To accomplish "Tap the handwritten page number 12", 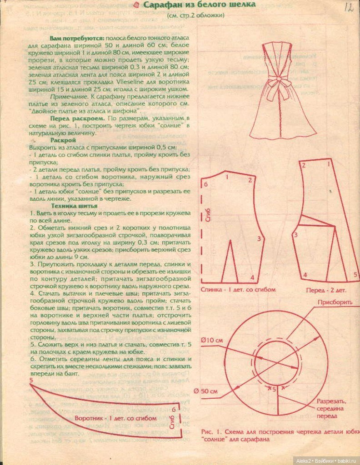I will coord(349,7).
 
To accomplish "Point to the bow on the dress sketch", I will coord(275,84).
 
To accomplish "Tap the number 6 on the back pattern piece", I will coord(206,184).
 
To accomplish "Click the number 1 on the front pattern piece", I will coord(327,166).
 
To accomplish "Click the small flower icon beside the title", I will coord(135,5).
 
